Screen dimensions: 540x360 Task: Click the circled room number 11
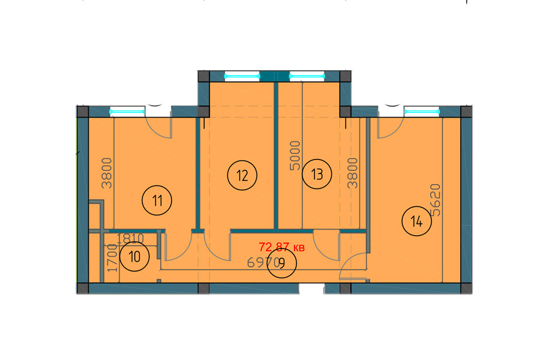[157, 200]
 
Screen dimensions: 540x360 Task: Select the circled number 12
[242, 175]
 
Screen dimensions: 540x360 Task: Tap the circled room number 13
[317, 174]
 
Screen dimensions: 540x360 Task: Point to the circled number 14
[417, 221]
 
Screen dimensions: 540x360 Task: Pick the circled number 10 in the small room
[134, 256]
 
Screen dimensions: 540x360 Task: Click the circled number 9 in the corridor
[282, 263]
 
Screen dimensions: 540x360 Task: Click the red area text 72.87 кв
[282, 247]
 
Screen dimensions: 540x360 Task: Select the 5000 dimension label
[295, 156]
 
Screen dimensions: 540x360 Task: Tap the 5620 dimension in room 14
[436, 200]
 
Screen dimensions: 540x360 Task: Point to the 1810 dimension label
[130, 238]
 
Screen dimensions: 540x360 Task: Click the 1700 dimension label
[112, 257]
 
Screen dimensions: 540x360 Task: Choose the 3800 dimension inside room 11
[107, 173]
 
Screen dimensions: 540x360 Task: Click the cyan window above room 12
[242, 76]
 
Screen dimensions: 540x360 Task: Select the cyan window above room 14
[422, 111]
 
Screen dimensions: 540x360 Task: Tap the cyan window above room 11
[127, 111]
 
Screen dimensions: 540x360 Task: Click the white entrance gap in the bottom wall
[311, 289]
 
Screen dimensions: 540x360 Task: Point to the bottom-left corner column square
[83, 289]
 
